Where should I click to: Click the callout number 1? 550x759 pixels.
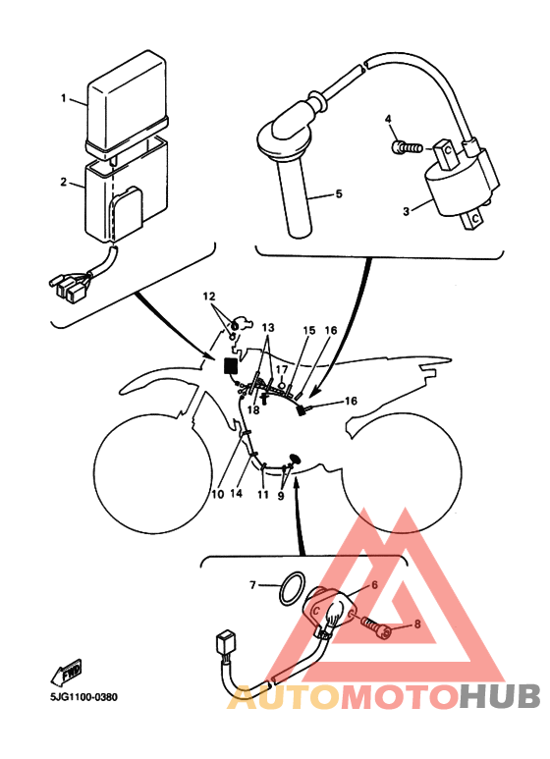63,98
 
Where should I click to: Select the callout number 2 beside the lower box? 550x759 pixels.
64,182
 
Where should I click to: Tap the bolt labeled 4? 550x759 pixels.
407,146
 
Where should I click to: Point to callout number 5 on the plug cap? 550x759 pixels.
339,193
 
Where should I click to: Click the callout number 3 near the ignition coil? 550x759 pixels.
407,211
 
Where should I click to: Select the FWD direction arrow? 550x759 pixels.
67,673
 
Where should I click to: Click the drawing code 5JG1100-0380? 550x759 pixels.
83,697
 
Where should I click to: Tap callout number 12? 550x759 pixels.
209,297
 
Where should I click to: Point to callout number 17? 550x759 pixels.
282,370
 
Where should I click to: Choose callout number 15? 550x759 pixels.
309,331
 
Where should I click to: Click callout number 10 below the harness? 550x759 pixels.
218,494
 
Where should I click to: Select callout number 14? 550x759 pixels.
236,493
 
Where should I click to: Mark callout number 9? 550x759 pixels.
281,496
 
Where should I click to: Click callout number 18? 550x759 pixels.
253,409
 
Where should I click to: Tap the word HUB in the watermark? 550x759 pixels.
500,696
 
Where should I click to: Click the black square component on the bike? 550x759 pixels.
231,365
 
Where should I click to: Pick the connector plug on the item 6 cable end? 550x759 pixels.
224,646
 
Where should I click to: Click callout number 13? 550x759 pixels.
268,328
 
